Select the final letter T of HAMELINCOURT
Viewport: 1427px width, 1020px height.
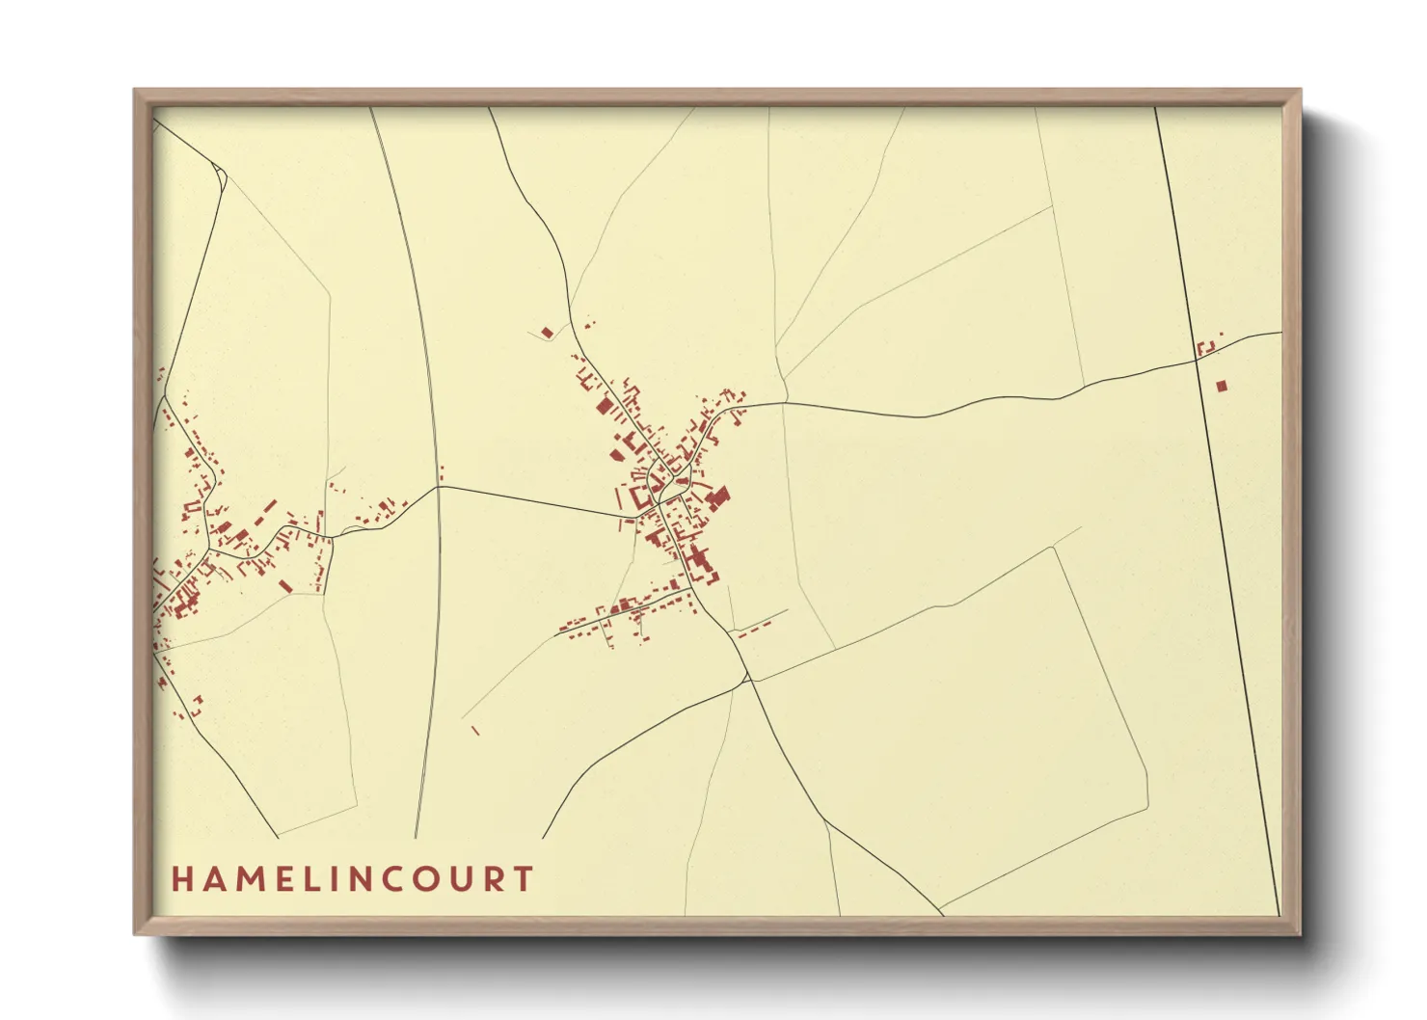point(524,879)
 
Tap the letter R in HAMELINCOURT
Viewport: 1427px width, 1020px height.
point(494,879)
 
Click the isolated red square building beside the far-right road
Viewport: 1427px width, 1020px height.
point(1222,386)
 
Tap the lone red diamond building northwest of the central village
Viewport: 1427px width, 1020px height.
point(548,333)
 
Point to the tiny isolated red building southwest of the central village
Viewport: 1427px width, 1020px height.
point(475,730)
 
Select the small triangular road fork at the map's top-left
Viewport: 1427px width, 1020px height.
point(220,174)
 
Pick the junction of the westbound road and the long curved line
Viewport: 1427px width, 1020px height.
point(439,486)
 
